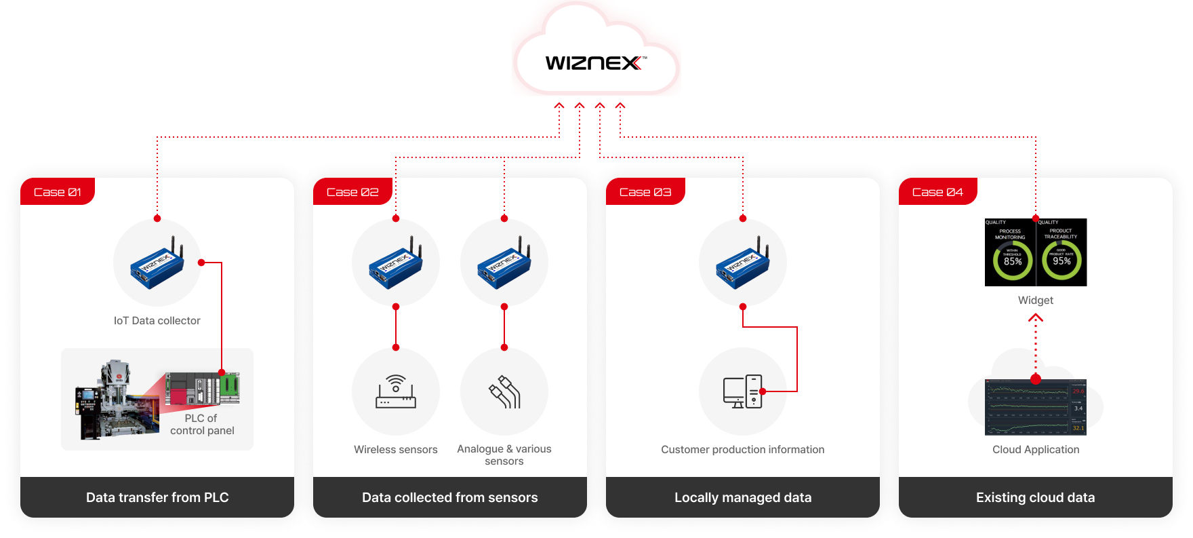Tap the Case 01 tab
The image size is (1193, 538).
tap(58, 192)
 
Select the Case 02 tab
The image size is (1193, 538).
tap(352, 192)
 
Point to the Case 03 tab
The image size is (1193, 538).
tap(645, 192)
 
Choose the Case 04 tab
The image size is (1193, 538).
tap(937, 192)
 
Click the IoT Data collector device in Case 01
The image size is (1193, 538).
tap(157, 263)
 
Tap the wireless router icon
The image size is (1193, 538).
tap(396, 391)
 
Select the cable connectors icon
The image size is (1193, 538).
tap(504, 391)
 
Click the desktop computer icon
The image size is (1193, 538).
tap(742, 391)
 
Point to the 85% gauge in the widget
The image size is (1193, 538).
tap(1013, 261)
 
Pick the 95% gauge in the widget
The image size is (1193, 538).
tap(1061, 261)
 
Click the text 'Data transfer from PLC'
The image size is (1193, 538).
tap(157, 497)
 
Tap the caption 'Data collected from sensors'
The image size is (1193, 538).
tap(450, 497)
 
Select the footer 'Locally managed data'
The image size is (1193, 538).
tap(743, 497)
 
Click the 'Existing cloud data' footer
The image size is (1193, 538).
tap(1036, 497)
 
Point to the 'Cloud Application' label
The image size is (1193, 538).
tap(1036, 449)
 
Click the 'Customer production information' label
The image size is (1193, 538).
tap(743, 449)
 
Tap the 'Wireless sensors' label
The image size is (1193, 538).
tap(396, 449)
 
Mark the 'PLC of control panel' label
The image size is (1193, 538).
tap(202, 425)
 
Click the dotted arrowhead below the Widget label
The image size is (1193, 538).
tap(1036, 318)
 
